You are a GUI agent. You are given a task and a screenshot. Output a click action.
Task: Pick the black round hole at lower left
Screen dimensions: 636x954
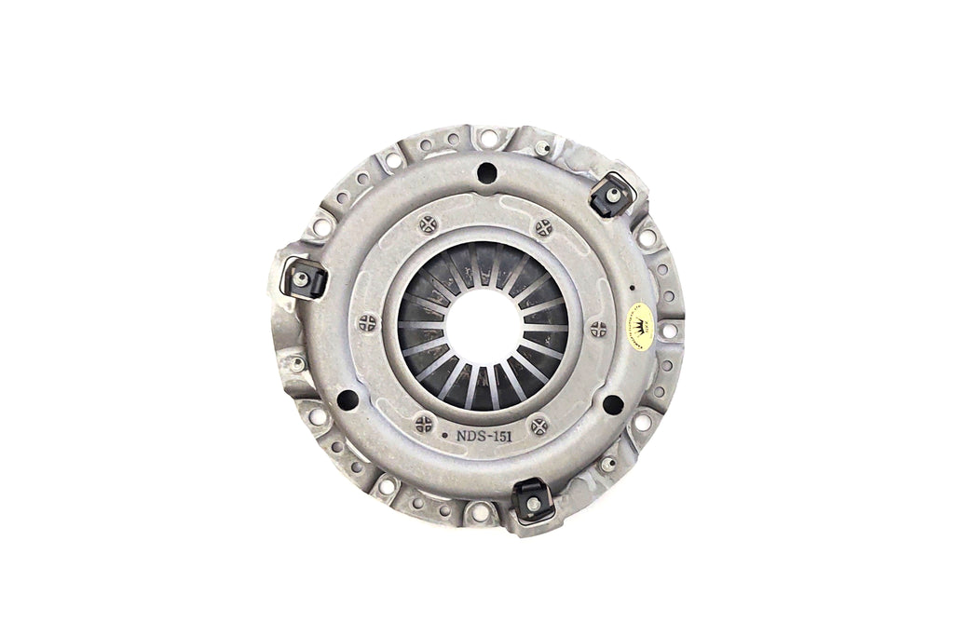(348, 400)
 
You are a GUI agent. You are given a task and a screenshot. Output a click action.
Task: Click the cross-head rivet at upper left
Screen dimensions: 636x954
(429, 223)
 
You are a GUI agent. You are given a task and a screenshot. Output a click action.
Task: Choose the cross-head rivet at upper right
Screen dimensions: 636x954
(543, 228)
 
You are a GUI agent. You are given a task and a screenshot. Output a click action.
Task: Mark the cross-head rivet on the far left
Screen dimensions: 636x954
(367, 322)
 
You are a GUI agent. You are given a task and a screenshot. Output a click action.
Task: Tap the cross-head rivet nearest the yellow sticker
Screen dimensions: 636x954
(598, 328)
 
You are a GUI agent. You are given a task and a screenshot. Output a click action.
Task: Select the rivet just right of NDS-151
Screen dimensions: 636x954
(538, 427)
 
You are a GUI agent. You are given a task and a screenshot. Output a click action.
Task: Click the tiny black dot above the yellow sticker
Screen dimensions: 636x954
(631, 288)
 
